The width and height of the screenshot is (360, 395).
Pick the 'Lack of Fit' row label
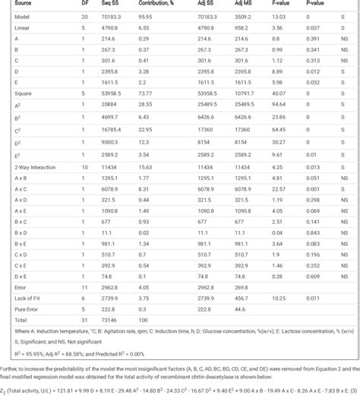[21, 279]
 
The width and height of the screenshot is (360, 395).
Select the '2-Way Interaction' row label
[28, 166]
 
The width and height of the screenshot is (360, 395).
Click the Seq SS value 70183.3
[106, 16]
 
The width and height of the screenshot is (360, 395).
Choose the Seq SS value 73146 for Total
[104, 301]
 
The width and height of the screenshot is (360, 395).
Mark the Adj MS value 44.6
[239, 289]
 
